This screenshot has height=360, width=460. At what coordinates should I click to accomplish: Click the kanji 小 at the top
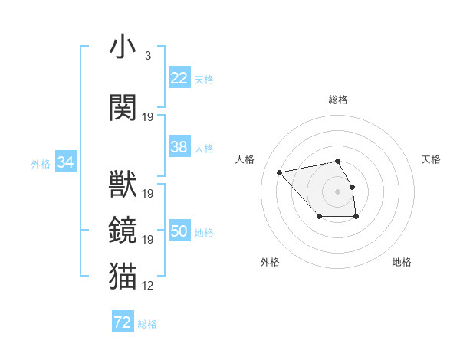[x=123, y=47]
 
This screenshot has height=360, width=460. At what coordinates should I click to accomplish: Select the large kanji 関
[x=123, y=107]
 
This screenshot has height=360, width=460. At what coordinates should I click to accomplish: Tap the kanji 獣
[x=123, y=185]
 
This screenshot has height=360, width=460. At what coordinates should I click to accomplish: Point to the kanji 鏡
[x=123, y=229]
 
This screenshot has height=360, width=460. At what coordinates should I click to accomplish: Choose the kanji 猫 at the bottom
[x=123, y=274]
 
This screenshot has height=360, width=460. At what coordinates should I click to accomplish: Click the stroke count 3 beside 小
[x=148, y=56]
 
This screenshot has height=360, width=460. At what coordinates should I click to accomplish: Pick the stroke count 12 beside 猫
[x=148, y=285]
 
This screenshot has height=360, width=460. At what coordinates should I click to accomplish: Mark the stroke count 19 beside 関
[x=148, y=117]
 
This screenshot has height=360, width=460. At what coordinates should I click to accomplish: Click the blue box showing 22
[x=179, y=78]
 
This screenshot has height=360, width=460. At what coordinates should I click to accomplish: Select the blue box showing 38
[x=179, y=147]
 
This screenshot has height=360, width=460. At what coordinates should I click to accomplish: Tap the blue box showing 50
[x=179, y=232]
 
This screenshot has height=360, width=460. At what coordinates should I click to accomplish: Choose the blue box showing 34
[x=66, y=162]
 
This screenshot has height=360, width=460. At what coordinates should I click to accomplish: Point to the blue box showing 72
[x=123, y=322]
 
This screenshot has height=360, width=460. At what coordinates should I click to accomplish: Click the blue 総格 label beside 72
[x=147, y=324]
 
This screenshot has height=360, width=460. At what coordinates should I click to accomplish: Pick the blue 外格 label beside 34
[x=41, y=164]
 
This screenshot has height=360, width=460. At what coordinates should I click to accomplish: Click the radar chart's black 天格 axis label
[x=431, y=159]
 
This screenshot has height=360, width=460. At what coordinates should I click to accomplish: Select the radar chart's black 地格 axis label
[x=402, y=262]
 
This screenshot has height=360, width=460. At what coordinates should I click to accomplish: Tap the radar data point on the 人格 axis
[x=280, y=172]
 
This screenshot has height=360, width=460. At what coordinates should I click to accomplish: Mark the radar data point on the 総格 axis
[x=337, y=162]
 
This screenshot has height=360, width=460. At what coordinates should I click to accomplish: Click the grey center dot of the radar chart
[x=337, y=191]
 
